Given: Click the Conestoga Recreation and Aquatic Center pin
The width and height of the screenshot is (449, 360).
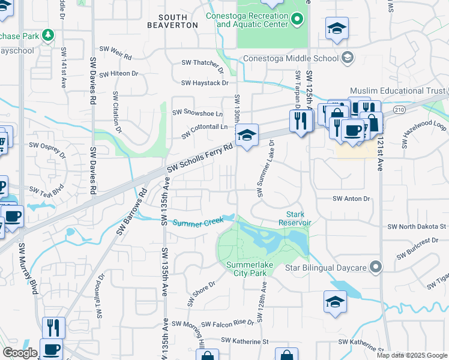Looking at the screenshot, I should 297,20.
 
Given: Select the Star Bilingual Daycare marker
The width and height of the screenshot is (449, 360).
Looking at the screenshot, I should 376,266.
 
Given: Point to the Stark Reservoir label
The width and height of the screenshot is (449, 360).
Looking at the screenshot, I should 295,218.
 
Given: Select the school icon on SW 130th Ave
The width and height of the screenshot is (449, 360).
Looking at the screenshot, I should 247,137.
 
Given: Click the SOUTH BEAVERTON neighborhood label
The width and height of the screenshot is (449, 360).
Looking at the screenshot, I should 172,21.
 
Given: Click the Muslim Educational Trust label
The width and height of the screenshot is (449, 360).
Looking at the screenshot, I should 398,91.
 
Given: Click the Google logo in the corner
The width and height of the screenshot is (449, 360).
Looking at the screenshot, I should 20,353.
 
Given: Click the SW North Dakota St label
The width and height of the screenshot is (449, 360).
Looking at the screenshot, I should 417,227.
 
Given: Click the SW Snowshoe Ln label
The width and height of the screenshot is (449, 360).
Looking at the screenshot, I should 197,113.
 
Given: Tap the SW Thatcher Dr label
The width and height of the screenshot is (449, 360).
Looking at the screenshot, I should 205,62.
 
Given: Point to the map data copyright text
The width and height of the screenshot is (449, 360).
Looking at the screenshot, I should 412,355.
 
